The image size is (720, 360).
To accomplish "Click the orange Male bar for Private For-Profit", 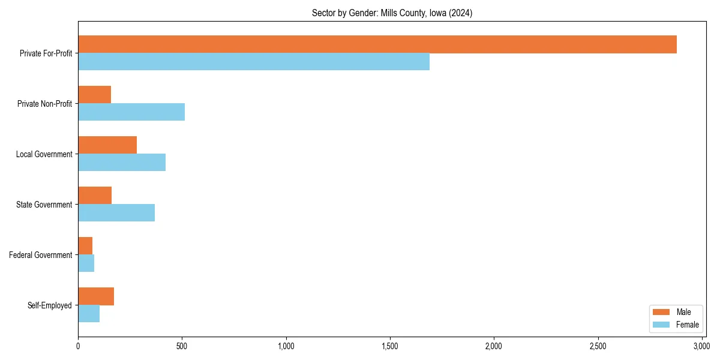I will point(377,44).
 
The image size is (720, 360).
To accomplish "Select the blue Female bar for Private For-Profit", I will point(254,62).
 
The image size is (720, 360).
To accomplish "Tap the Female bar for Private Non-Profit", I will point(131,112).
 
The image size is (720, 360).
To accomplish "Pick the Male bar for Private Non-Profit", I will point(94,95).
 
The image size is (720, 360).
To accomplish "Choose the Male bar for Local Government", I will point(107,145).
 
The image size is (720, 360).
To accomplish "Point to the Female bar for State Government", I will point(116,213).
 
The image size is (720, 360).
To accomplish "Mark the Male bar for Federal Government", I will point(85,246).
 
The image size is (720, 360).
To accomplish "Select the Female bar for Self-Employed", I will point(89,314).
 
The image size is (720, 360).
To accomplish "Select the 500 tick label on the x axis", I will point(182,346).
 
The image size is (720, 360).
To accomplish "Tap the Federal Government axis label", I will point(41,255).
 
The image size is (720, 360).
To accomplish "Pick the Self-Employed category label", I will point(50,305).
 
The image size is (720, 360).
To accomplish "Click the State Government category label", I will point(44,205).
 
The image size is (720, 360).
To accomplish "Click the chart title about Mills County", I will point(392,13).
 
